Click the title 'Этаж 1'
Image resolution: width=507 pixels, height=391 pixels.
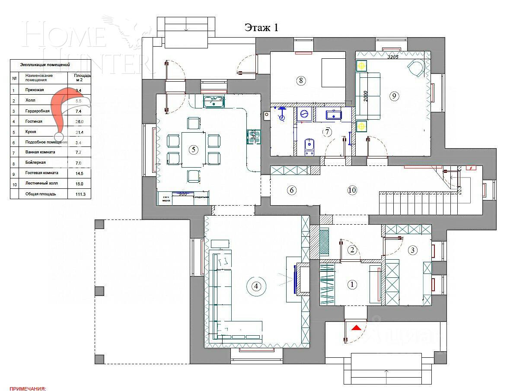261,28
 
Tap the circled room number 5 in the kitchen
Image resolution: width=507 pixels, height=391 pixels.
193,149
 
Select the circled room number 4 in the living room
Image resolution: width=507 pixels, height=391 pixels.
256,286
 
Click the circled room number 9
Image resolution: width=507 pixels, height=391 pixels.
394,96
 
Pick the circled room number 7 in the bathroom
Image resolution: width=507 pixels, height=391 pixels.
328,131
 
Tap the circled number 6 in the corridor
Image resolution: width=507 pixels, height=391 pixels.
292,190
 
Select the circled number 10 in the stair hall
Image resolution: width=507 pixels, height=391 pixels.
352,190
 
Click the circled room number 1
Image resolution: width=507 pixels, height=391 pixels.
352,284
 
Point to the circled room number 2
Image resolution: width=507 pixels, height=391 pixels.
352,250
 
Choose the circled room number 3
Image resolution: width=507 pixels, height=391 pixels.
412,250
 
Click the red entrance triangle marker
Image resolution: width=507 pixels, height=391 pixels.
356,328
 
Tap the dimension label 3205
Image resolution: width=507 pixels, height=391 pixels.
393,57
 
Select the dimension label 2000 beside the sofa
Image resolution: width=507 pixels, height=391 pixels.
365,96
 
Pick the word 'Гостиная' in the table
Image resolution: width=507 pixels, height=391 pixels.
34,121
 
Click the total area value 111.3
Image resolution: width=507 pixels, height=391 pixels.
80,194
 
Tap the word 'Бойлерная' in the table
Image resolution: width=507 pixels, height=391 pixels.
35,162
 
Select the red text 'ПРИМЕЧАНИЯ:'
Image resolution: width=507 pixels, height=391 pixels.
27,388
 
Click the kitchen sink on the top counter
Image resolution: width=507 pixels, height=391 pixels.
213,102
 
